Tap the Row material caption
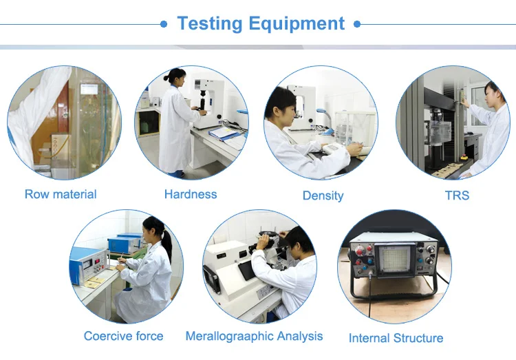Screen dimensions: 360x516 pos(61,194)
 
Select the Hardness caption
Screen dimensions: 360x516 pos(191,194)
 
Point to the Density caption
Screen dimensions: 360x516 pos(323,195)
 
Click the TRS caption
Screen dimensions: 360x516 pos(457,195)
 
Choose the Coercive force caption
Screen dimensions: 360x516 pos(123,336)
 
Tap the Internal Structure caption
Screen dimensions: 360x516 pos(396,338)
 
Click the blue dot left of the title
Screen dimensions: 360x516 pos(164,24)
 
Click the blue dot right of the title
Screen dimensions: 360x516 pos(357,24)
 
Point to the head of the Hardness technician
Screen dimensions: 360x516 pos(171,78)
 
